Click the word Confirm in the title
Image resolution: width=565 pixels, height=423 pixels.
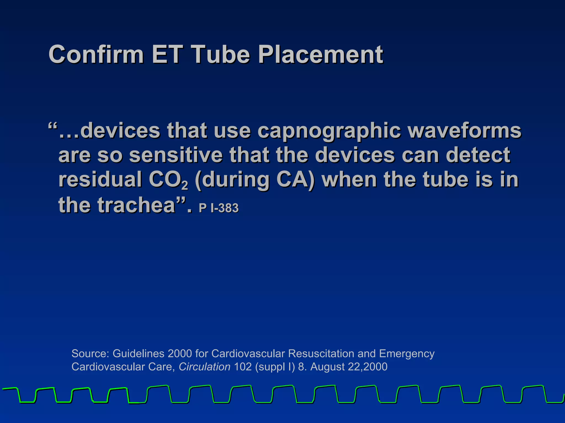pyautogui.click(x=96, y=54)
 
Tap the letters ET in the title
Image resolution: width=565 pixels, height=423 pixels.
pyautogui.click(x=167, y=54)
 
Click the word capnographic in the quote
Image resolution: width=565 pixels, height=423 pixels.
pyautogui.click(x=329, y=131)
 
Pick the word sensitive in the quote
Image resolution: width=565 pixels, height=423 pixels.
pyautogui.click(x=176, y=155)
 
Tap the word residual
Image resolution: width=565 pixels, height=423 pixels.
pyautogui.click(x=100, y=180)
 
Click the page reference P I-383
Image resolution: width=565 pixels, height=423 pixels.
pyautogui.click(x=218, y=208)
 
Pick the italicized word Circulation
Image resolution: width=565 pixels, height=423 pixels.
pyautogui.click(x=204, y=367)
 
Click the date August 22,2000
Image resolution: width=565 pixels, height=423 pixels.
pyautogui.click(x=349, y=367)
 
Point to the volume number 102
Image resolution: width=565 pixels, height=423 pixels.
pyautogui.click(x=243, y=367)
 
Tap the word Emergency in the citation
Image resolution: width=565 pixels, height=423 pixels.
pyautogui.click(x=407, y=354)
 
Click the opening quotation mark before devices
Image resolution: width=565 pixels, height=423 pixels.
pyautogui.click(x=52, y=127)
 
